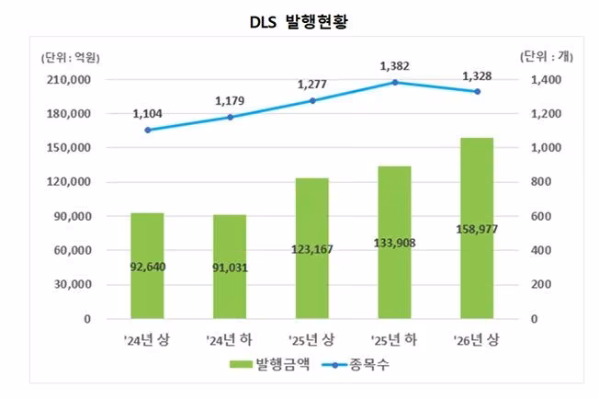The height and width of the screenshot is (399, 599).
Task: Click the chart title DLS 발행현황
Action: [299, 21]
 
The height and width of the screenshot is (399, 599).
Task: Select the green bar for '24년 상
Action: [148, 266]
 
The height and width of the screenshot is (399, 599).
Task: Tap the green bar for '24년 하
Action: [230, 267]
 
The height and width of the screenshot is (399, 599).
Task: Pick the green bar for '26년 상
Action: [477, 228]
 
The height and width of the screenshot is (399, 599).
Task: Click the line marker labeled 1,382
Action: [395, 82]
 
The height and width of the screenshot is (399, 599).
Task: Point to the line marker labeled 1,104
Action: [148, 130]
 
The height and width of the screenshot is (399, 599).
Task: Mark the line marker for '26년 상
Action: [477, 92]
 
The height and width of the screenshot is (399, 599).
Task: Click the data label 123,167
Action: [312, 249]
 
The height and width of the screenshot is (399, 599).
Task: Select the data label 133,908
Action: [395, 243]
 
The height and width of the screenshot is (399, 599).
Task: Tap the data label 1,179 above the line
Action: [230, 101]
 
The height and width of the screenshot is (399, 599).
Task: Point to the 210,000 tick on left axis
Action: [69, 80]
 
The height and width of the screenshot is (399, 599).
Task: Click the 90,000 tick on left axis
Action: [73, 216]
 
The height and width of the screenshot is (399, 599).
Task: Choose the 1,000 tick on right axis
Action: [546, 148]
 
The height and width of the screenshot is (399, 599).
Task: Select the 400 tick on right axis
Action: [541, 250]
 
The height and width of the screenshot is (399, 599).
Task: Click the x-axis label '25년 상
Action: [311, 339]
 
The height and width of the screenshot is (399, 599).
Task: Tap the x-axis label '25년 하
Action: [394, 339]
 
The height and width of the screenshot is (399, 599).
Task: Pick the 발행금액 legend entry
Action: [269, 364]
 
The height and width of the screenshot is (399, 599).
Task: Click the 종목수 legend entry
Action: [356, 364]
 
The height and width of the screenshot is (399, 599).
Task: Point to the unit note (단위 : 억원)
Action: [71, 58]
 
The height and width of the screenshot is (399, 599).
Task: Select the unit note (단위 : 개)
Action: [547, 57]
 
